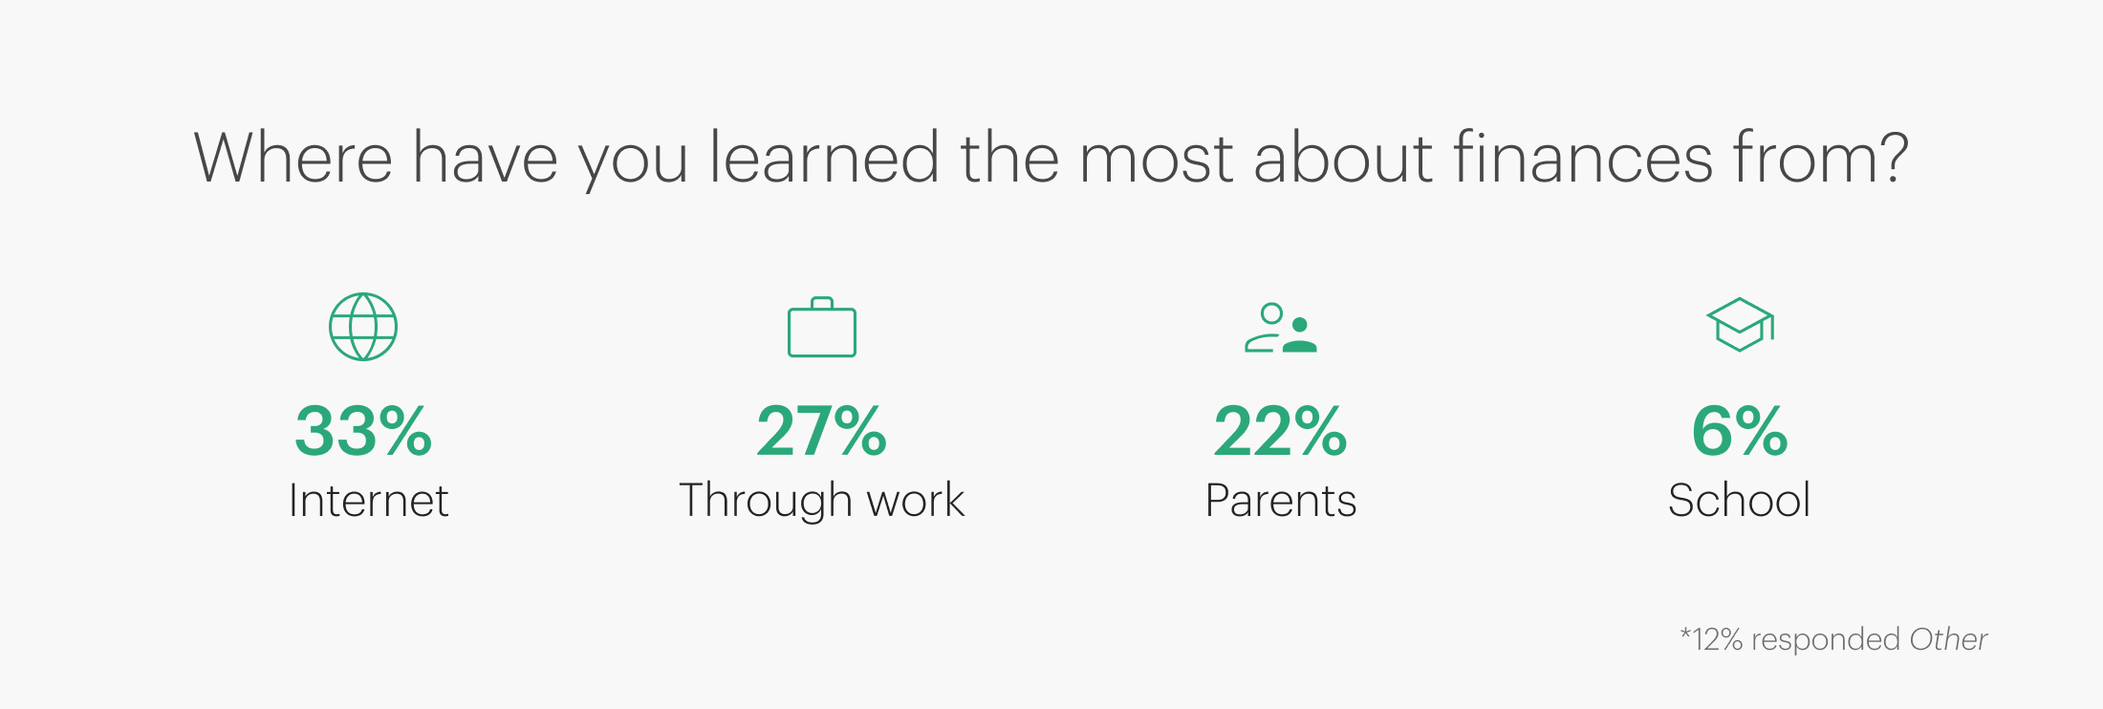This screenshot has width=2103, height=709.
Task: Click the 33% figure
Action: click(x=363, y=431)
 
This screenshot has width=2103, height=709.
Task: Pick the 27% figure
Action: click(x=822, y=431)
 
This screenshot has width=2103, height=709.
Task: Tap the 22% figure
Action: click(x=1281, y=431)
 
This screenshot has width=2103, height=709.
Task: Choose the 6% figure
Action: click(x=1740, y=431)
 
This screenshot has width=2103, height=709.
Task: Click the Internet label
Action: click(x=369, y=500)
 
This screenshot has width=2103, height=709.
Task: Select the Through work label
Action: click(x=822, y=501)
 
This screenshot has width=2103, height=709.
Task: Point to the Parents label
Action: click(x=1281, y=500)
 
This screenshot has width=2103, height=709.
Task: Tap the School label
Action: click(x=1740, y=500)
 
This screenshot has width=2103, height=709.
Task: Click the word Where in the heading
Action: click(x=293, y=158)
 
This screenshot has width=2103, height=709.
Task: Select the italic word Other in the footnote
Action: click(x=1948, y=638)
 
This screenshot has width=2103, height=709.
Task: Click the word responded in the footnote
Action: click(x=1826, y=639)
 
